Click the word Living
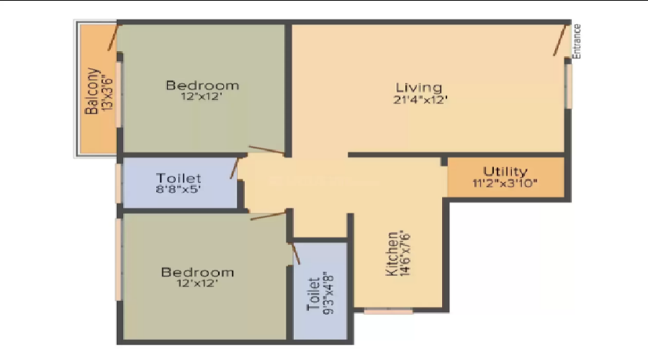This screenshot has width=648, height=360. pyautogui.click(x=418, y=88)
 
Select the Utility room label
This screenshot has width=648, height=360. pyautogui.click(x=505, y=171)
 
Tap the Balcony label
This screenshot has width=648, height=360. pyautogui.click(x=92, y=91)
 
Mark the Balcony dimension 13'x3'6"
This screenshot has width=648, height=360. pyautogui.click(x=107, y=91)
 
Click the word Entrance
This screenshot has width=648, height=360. pyautogui.click(x=577, y=41)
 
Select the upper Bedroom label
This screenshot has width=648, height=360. pyautogui.click(x=202, y=86)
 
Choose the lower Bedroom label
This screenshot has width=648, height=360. pyautogui.click(x=197, y=272)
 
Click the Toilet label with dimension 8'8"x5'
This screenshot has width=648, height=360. pyautogui.click(x=179, y=178)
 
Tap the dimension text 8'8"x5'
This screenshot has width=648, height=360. pyautogui.click(x=179, y=191)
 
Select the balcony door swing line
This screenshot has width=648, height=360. pyautogui.click(x=114, y=38)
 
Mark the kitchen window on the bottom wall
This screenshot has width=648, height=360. pyautogui.click(x=388, y=311)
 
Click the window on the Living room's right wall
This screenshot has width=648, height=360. pyautogui.click(x=567, y=85)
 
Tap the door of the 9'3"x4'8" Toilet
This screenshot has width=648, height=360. pyautogui.click(x=294, y=253)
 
